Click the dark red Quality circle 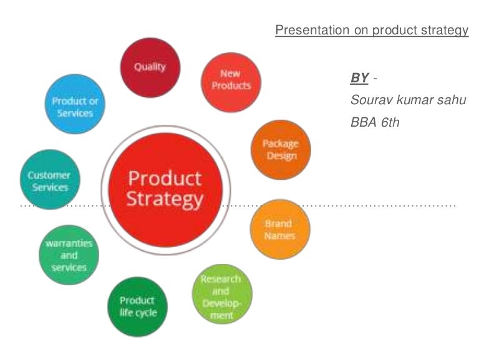click(150, 67)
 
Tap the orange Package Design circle click(281, 150)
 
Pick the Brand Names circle click(280, 229)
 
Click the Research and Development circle click(222, 294)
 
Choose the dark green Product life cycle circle click(138, 306)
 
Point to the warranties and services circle click(69, 255)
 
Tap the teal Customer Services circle click(50, 181)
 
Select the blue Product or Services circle click(75, 107)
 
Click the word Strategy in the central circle click(165, 200)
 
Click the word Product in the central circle click(165, 178)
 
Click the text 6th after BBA click(390, 122)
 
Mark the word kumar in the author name click(414, 100)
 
